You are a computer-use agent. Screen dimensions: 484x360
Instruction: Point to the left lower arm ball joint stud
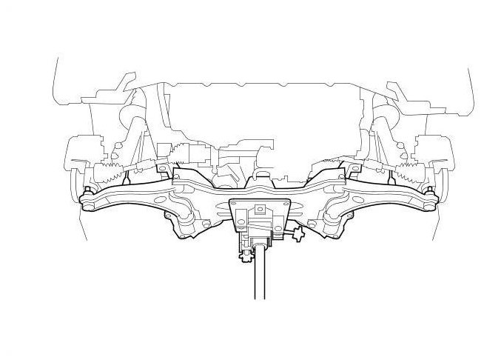tap(87, 192)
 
